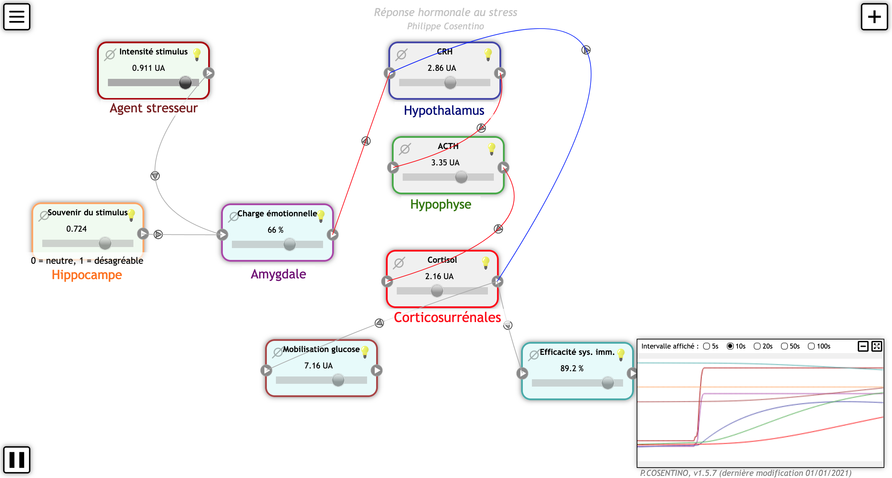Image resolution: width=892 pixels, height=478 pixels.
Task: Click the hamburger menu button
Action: tap(17, 17)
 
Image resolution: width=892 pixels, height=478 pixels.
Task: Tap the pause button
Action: tap(17, 460)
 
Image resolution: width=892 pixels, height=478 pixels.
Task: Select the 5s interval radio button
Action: tap(707, 346)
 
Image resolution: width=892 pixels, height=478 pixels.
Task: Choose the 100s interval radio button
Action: tap(811, 346)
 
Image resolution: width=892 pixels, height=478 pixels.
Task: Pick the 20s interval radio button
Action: tap(757, 346)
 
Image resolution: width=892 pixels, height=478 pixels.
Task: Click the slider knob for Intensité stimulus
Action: tap(185, 83)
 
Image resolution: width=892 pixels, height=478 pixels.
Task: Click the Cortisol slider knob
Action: tap(437, 291)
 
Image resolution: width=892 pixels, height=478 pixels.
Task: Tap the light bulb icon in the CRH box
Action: tap(488, 54)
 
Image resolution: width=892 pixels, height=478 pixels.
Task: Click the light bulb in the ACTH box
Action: tap(492, 149)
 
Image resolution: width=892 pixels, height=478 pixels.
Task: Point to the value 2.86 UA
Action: tap(442, 68)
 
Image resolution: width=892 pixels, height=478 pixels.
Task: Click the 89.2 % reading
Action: tap(572, 368)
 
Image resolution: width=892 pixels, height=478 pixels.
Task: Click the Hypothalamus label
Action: tap(444, 111)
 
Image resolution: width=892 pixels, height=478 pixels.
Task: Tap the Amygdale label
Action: tap(278, 274)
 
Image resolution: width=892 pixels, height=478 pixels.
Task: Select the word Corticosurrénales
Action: tap(447, 318)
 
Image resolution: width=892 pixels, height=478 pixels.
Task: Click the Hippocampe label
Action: tap(87, 275)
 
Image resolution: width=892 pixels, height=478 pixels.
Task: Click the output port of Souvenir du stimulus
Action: tap(143, 233)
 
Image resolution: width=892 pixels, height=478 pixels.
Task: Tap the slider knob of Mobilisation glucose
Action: tap(338, 380)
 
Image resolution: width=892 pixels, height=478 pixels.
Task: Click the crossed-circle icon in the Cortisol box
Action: tap(399, 263)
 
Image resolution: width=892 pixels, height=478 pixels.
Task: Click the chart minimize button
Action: tap(863, 346)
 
